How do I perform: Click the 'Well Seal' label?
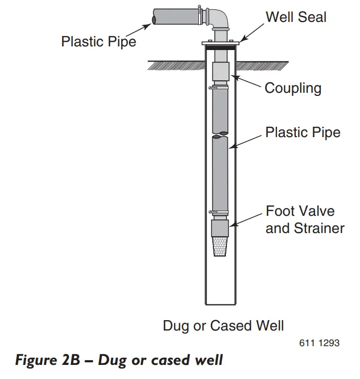click(x=296, y=17)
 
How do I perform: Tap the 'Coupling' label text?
click(x=293, y=88)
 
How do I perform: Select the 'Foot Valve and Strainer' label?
click(x=305, y=219)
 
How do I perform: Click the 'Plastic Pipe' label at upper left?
click(x=99, y=41)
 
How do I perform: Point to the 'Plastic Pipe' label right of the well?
click(x=303, y=132)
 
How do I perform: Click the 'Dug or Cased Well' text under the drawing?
click(x=223, y=326)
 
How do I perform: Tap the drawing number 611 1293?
click(x=319, y=343)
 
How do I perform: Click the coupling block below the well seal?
click(x=221, y=71)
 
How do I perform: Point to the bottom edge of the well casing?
click(x=221, y=304)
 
